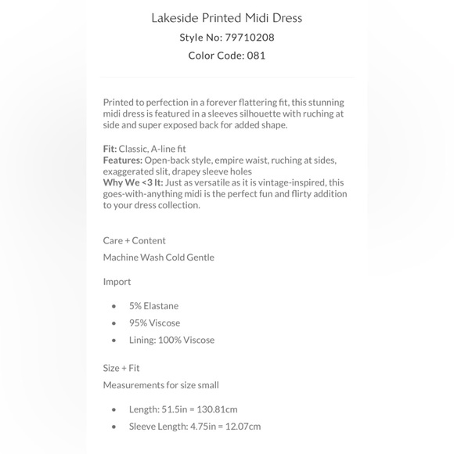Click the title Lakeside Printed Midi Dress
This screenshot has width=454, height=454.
tap(226, 18)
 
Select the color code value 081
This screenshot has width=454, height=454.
tap(256, 56)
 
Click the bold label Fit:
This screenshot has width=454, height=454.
tap(110, 149)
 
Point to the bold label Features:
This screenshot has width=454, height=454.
tap(122, 160)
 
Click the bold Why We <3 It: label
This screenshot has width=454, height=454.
tap(134, 183)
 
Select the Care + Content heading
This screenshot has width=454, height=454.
tap(134, 240)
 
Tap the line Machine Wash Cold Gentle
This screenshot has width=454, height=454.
tap(158, 258)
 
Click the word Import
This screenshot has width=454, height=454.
tap(117, 282)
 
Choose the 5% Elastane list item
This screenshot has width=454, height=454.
tap(153, 306)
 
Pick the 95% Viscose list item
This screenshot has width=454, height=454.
tap(154, 323)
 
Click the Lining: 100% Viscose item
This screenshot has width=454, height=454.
tap(171, 340)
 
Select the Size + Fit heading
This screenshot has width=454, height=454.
tap(121, 368)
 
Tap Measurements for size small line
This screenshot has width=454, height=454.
tap(160, 385)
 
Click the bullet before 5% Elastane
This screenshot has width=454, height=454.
tap(114, 307)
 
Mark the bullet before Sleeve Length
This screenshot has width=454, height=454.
tap(114, 427)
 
